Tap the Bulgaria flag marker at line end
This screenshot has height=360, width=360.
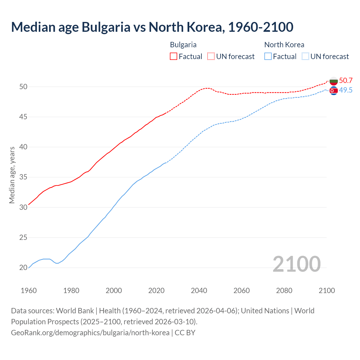334,81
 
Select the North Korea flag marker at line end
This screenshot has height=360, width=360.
334,91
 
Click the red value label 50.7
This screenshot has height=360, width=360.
346,81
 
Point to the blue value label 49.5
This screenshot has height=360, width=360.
346,90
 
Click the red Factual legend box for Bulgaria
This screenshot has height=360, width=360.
174,57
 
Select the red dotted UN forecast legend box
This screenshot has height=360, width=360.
211,57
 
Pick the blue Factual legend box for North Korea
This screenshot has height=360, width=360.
268,57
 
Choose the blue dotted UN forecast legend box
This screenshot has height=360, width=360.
305,57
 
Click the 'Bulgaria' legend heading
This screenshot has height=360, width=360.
183,45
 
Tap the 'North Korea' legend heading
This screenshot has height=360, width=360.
284,45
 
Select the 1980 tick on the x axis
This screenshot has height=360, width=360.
71,291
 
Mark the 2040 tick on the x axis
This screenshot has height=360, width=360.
199,291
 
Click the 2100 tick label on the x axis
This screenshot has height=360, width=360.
327,291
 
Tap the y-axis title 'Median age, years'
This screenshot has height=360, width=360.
12,175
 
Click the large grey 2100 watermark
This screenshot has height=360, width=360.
296,264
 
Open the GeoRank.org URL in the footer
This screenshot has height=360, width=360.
90,333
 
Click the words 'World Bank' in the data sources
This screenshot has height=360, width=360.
75,311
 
